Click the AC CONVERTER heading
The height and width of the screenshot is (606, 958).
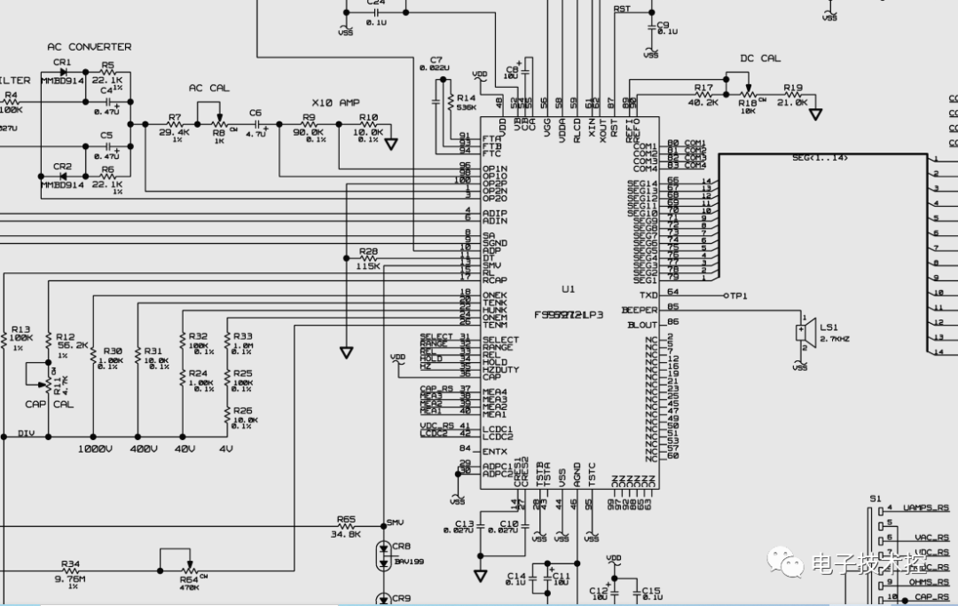click(89, 46)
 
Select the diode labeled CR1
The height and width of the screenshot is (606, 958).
click(62, 72)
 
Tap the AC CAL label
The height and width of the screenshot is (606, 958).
click(208, 88)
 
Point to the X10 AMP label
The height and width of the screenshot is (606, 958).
click(336, 103)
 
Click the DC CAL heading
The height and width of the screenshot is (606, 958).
click(760, 59)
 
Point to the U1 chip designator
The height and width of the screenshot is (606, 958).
click(569, 289)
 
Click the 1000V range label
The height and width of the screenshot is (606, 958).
click(95, 449)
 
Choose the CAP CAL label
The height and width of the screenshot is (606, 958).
click(49, 404)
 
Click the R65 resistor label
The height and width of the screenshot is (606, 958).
click(346, 519)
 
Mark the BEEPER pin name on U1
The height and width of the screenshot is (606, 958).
click(640, 310)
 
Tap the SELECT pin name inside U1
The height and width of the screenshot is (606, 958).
click(500, 340)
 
